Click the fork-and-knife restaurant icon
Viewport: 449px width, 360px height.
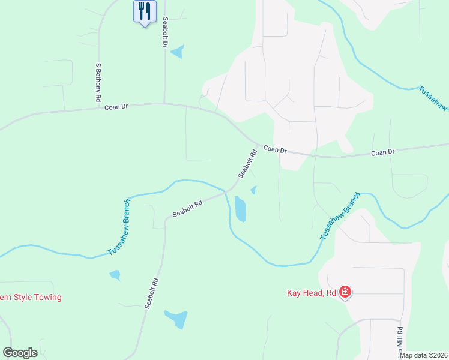(144, 11)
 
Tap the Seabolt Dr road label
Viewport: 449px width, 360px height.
(164, 32)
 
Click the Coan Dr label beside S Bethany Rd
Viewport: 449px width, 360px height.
(116, 107)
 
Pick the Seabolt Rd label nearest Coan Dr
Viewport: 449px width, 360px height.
(247, 164)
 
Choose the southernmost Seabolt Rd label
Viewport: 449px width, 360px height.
(151, 293)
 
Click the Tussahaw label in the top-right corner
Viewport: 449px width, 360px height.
(433, 100)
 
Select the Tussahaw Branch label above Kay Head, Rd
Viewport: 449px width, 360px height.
(340, 217)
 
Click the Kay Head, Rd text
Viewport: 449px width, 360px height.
(311, 293)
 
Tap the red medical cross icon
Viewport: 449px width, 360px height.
(345, 293)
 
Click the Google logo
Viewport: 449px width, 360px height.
(20, 353)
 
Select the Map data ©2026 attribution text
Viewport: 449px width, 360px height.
(424, 355)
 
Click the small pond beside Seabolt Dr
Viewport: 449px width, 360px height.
(177, 52)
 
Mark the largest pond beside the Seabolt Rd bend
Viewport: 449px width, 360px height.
(240, 209)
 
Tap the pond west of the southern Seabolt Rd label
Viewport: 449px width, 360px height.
(115, 275)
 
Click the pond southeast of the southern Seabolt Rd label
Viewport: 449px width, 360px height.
(176, 319)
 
